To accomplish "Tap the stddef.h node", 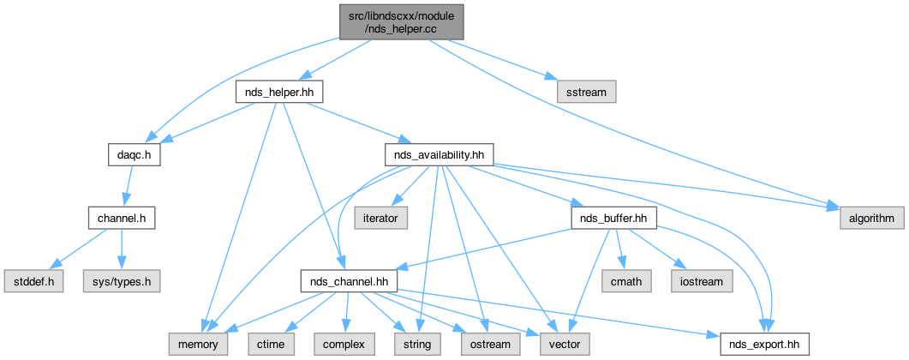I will pyautogui.click(x=33, y=280).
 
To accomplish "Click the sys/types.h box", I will pyautogui.click(x=122, y=280).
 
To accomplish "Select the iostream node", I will pyautogui.click(x=702, y=280).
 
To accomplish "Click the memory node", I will pyautogui.click(x=198, y=344).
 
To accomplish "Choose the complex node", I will pyautogui.click(x=343, y=344).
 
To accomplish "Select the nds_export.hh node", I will pyautogui.click(x=762, y=344).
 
